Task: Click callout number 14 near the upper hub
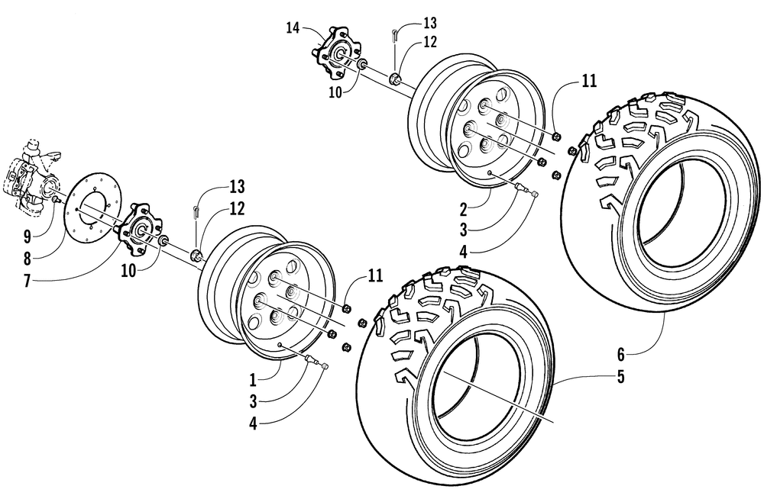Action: (293, 28)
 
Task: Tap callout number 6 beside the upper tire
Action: (620, 355)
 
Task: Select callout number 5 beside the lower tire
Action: (620, 377)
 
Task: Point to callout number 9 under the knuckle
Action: (28, 237)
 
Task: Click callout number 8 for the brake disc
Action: (28, 259)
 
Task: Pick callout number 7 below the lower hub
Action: (28, 282)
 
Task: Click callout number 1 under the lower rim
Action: (253, 379)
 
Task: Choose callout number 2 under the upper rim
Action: (463, 210)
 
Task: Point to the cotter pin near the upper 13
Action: (395, 36)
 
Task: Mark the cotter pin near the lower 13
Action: (196, 212)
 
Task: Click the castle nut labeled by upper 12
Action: (395, 79)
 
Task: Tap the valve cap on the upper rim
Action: (534, 194)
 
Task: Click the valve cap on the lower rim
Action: (325, 366)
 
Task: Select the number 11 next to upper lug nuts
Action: (589, 80)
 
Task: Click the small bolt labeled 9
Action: (55, 199)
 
